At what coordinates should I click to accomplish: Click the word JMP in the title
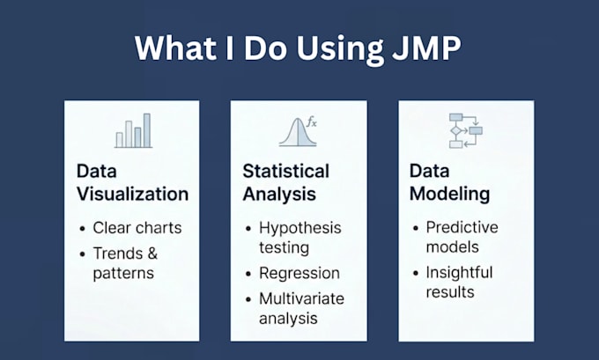tap(426, 48)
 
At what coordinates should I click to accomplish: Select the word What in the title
tap(175, 48)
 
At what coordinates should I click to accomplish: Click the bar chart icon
tap(134, 130)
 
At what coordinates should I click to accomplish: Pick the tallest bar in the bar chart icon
tap(147, 130)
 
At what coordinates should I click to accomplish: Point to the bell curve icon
tap(298, 132)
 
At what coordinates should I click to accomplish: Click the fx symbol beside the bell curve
tap(312, 122)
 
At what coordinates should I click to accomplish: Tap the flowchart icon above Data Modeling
tap(466, 130)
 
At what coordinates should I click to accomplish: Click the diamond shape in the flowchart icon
tap(455, 131)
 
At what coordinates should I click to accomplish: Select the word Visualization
tap(132, 194)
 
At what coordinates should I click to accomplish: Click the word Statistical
tap(285, 171)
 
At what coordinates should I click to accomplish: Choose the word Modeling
tap(449, 194)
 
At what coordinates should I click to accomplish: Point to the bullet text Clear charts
tap(137, 228)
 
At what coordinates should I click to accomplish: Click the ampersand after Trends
tap(152, 253)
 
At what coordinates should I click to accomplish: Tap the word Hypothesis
tap(299, 228)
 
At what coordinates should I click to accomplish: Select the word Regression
tap(299, 274)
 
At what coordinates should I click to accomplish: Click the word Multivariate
tap(301, 298)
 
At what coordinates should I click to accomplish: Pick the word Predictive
tap(462, 227)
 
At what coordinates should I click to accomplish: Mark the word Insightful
tap(459, 273)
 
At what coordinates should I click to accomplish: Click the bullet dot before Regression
tap(248, 274)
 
